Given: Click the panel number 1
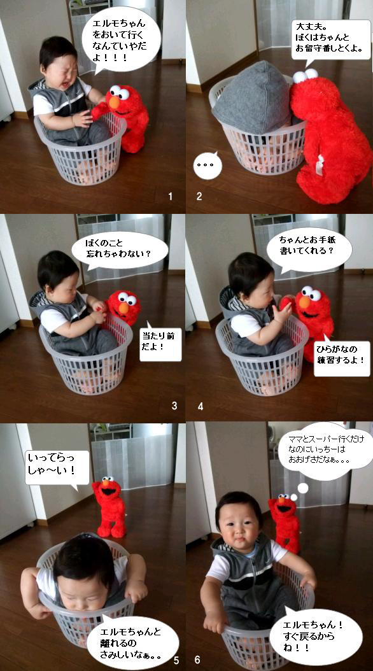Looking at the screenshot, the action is pyautogui.click(x=170, y=197).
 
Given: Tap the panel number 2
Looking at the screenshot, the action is pyautogui.click(x=199, y=197).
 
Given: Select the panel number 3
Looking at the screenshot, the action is pyautogui.click(x=174, y=406).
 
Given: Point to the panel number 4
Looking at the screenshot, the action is pyautogui.click(x=201, y=406).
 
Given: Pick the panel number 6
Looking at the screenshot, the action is pyautogui.click(x=197, y=660).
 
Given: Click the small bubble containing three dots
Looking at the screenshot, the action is pyautogui.click(x=208, y=165).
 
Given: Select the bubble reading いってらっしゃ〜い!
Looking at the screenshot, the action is pyautogui.click(x=57, y=469).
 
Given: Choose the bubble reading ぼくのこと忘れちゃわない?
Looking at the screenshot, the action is pyautogui.click(x=119, y=250).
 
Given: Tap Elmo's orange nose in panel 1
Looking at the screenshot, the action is pyautogui.click(x=114, y=102).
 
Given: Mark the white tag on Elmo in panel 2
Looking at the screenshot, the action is pyautogui.click(x=320, y=166).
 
